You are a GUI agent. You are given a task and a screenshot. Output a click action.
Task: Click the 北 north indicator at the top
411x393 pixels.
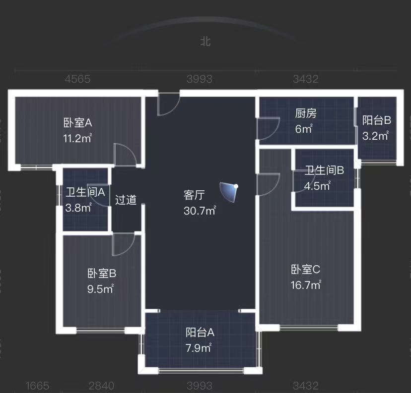coord(205,42)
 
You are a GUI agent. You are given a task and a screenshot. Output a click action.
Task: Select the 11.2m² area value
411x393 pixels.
coord(77,138)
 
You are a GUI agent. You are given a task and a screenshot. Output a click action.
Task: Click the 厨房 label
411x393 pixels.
coord(305,113)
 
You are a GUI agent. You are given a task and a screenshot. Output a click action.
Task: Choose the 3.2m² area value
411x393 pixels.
coord(375,136)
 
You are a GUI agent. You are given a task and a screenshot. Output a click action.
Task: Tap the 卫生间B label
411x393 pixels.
coord(324,171)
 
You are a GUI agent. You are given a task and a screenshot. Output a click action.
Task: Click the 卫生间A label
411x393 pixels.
coord(85,192)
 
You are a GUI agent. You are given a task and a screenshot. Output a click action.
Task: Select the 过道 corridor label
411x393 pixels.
coord(126,200)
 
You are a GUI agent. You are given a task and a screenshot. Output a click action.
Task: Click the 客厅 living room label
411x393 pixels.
coord(195,195)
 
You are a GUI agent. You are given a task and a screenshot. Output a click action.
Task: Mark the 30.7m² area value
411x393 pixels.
coord(200,211)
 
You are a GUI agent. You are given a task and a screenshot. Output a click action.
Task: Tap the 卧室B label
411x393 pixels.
coord(102,273)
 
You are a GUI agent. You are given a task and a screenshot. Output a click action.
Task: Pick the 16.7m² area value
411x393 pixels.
coord(306,285)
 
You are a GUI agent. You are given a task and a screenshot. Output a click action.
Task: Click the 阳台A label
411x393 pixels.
coord(200,332)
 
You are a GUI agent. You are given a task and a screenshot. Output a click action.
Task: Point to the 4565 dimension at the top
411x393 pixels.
coord(78,79)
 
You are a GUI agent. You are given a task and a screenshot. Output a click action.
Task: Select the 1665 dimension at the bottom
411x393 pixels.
coord(36,386)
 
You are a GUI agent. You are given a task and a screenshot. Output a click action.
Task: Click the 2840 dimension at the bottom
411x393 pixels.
coord(101,386)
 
